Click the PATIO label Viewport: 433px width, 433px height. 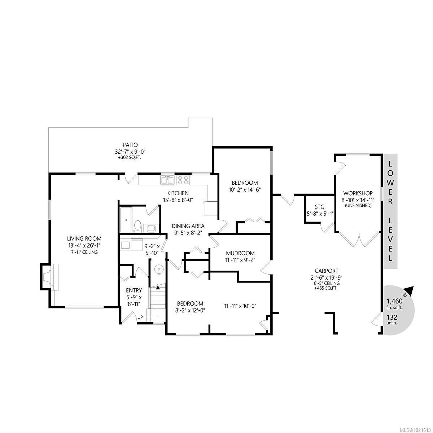point(130,145)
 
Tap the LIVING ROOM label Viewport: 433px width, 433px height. point(84,239)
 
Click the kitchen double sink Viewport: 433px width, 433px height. point(167,179)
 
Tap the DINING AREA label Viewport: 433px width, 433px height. point(188,226)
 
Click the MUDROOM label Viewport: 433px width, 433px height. point(240,253)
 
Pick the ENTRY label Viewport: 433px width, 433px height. point(134,290)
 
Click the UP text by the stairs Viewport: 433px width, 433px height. point(140,317)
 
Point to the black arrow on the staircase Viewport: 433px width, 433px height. point(158,287)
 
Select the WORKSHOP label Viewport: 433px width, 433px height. point(358,193)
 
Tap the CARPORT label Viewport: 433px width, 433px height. point(326,271)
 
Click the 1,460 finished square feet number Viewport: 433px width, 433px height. point(394,301)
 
